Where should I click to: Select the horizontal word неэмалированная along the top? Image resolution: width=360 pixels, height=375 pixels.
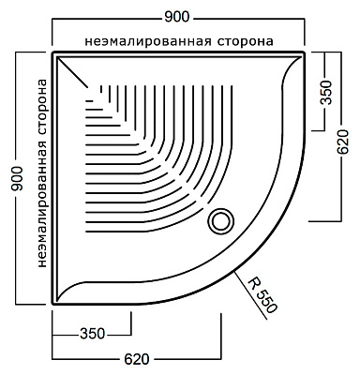tap(143, 41)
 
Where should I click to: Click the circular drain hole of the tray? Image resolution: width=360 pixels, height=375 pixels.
tap(222, 219)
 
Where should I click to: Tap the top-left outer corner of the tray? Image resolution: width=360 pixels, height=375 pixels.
tap(53, 52)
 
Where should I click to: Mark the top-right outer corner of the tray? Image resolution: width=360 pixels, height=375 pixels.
tap(306, 52)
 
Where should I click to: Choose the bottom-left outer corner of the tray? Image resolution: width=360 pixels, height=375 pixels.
tap(53, 304)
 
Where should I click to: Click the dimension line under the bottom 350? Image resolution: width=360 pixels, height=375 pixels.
tap(92, 341)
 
